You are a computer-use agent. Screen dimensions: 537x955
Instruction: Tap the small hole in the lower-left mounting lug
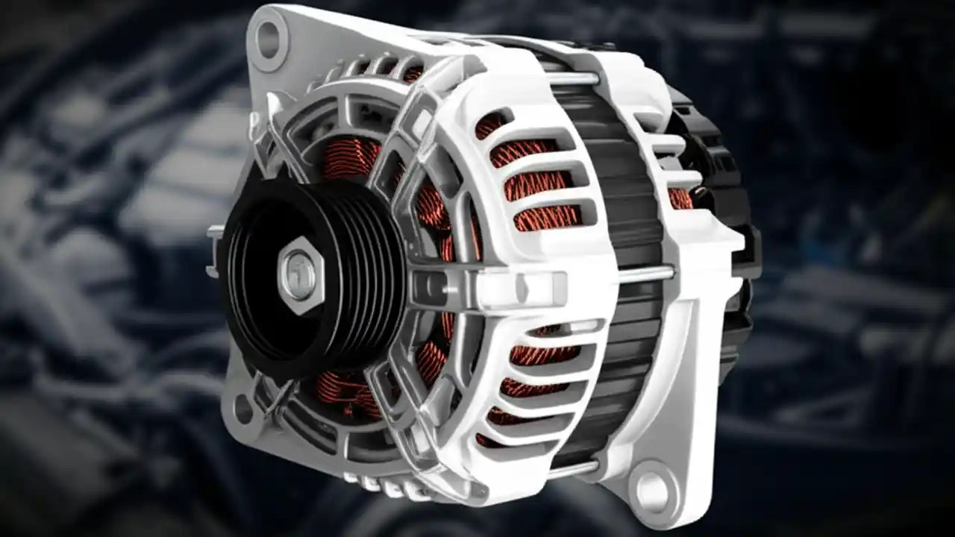pyautogui.click(x=242, y=408)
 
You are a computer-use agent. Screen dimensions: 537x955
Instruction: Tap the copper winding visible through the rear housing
pyautogui.click(x=680, y=198)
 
